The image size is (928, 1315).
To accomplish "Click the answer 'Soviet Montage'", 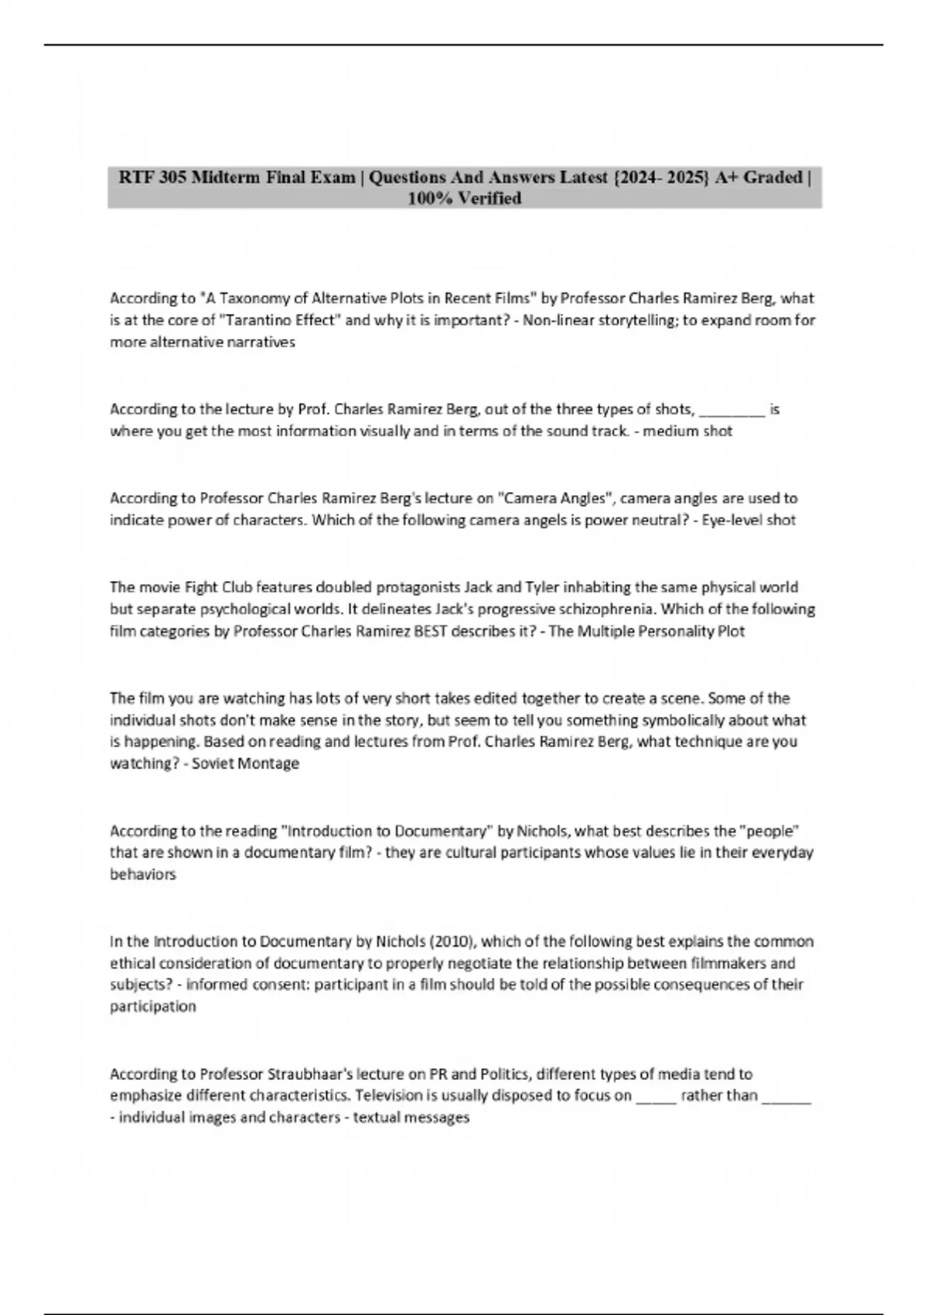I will pyautogui.click(x=245, y=764).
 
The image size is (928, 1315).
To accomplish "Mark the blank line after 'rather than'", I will pyautogui.click(x=786, y=1096).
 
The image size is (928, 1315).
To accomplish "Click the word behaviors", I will pyautogui.click(x=143, y=875).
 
